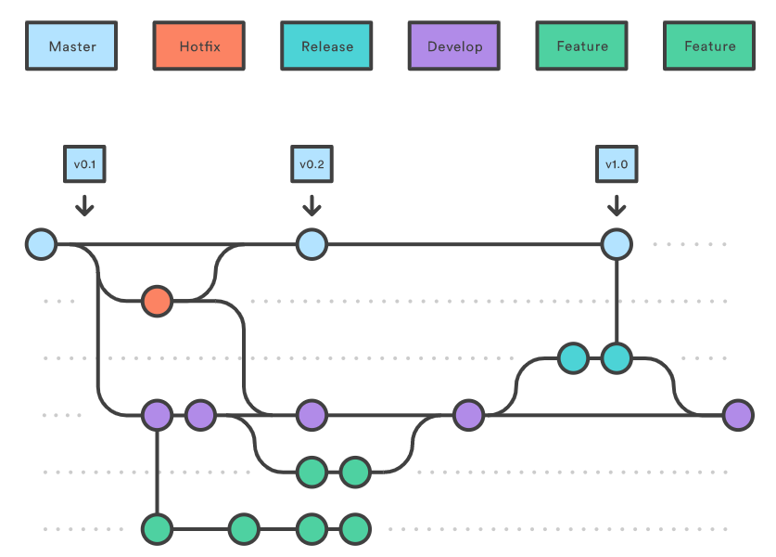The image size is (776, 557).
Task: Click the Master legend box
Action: click(71, 46)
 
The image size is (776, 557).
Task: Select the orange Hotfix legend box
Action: click(199, 46)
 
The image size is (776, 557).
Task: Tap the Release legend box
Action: click(327, 46)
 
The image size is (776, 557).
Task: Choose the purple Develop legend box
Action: click(455, 46)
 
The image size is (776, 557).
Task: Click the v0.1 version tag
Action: click(84, 164)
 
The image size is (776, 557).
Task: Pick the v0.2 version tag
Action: click(312, 164)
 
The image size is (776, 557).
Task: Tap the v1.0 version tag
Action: click(617, 164)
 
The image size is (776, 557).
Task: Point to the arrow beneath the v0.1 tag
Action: click(84, 204)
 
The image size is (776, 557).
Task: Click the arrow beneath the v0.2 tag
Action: click(312, 204)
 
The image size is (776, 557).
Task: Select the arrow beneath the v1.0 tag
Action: click(617, 204)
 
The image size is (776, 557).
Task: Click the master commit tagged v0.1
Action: click(42, 245)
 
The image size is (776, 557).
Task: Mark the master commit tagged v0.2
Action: click(312, 245)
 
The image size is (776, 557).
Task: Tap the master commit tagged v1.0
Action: click(617, 245)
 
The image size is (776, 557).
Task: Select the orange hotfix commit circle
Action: click(157, 301)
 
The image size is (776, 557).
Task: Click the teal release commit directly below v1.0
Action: click(617, 357)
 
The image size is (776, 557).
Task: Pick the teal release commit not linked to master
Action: click(574, 357)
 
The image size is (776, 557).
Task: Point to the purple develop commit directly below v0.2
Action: click(312, 415)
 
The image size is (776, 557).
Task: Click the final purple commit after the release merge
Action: click(738, 415)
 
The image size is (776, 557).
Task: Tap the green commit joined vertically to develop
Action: click(158, 529)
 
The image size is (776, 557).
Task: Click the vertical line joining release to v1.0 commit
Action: click(617, 302)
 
